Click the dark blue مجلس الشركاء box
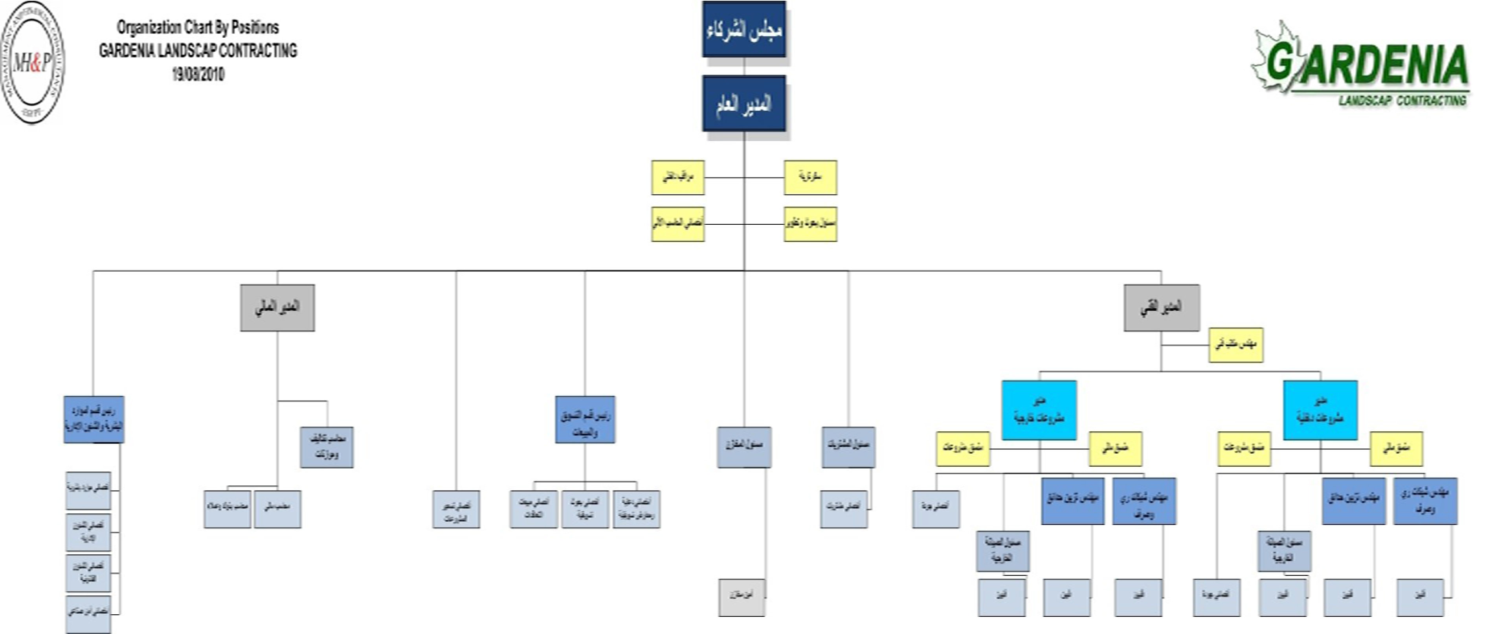(743, 29)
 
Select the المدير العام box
(743, 104)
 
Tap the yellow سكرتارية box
(810, 177)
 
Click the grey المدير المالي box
(277, 307)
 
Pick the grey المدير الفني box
(1162, 307)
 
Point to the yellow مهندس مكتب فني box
(1235, 344)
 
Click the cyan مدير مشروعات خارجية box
(1039, 410)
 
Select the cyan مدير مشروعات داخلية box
(1320, 410)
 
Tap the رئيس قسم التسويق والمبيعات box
(585, 419)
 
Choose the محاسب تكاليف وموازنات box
(326, 447)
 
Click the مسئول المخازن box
(743, 447)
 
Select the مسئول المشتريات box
(848, 447)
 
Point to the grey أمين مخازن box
(742, 597)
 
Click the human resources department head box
(94, 419)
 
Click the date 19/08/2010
(198, 74)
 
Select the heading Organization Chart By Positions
(198, 27)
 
